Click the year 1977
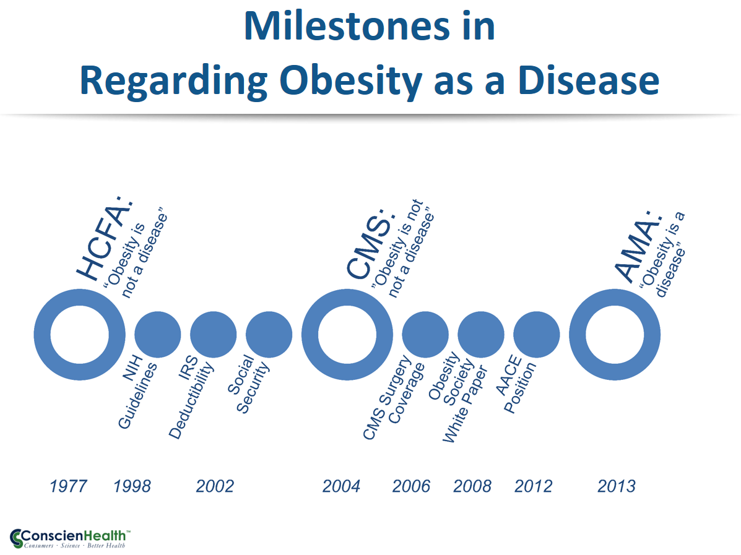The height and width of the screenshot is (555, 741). coord(68,486)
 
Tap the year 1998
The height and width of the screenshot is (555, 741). coord(132,486)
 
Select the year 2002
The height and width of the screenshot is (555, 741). coord(215,486)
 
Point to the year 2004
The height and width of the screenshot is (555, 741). coord(341,486)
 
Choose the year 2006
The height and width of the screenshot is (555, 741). coord(411,486)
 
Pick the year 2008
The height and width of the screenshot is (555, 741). coord(472,486)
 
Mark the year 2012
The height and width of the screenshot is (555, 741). coord(533,486)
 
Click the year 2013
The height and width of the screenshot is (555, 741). coord(617,486)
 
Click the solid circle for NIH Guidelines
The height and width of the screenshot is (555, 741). coord(158,334)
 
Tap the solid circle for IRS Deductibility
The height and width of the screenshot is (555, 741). coord(213,334)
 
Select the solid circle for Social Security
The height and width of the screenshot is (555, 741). coord(269,334)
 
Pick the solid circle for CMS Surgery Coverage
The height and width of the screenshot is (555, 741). coord(425,334)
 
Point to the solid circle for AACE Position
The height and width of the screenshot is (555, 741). coord(537,334)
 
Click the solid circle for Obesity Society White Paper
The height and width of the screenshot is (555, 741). coord(481,334)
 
